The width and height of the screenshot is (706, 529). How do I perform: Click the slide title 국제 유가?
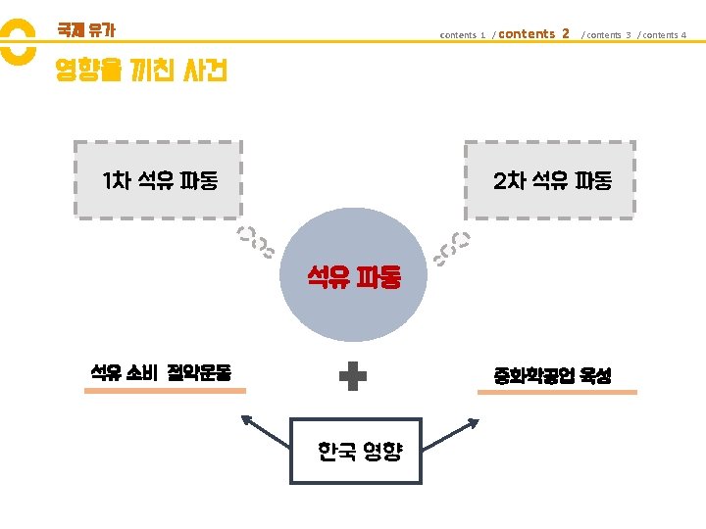pos(86,30)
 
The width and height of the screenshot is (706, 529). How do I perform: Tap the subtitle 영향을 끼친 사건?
pos(141,71)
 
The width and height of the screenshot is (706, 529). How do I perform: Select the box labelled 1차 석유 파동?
pos(158,179)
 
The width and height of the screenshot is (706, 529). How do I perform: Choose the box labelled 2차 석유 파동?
pos(550,179)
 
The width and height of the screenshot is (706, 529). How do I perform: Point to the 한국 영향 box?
pos(355,451)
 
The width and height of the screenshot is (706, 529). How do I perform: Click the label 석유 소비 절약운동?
pos(161,372)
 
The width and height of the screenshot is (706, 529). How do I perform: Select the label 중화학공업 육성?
pos(553,375)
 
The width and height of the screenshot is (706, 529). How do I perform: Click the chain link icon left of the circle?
pos(257,243)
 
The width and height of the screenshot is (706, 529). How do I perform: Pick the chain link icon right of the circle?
pos(452,247)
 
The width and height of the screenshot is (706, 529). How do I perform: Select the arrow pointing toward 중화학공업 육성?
pos(452,431)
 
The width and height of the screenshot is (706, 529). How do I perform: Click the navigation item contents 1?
pos(463,35)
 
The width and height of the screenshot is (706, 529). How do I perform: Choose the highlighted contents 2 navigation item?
pos(533,34)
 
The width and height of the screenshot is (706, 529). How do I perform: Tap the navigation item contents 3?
pos(607,35)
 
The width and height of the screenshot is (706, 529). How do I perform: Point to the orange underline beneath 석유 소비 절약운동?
pos(165,391)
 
